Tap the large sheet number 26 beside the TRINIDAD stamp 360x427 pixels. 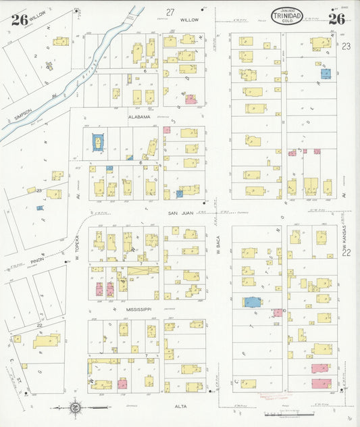337,18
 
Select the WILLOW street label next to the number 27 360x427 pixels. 189,20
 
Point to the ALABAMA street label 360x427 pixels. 140,117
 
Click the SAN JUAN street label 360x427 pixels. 181,213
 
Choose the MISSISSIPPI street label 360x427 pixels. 139,309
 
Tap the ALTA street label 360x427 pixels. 180,406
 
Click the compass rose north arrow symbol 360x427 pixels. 74,407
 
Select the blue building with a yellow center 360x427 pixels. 99,142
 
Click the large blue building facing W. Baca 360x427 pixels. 252,302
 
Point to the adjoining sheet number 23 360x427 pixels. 346,46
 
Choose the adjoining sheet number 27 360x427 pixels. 170,11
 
